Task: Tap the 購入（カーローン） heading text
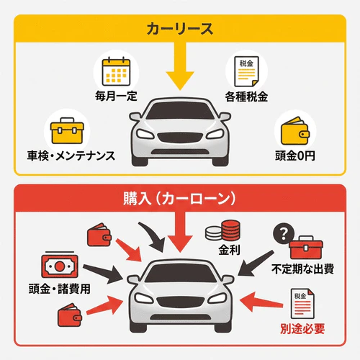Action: point(179,198)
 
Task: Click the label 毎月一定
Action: point(114,96)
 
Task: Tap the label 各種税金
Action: point(246,96)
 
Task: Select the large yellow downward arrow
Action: point(179,72)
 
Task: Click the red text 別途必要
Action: point(302,330)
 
